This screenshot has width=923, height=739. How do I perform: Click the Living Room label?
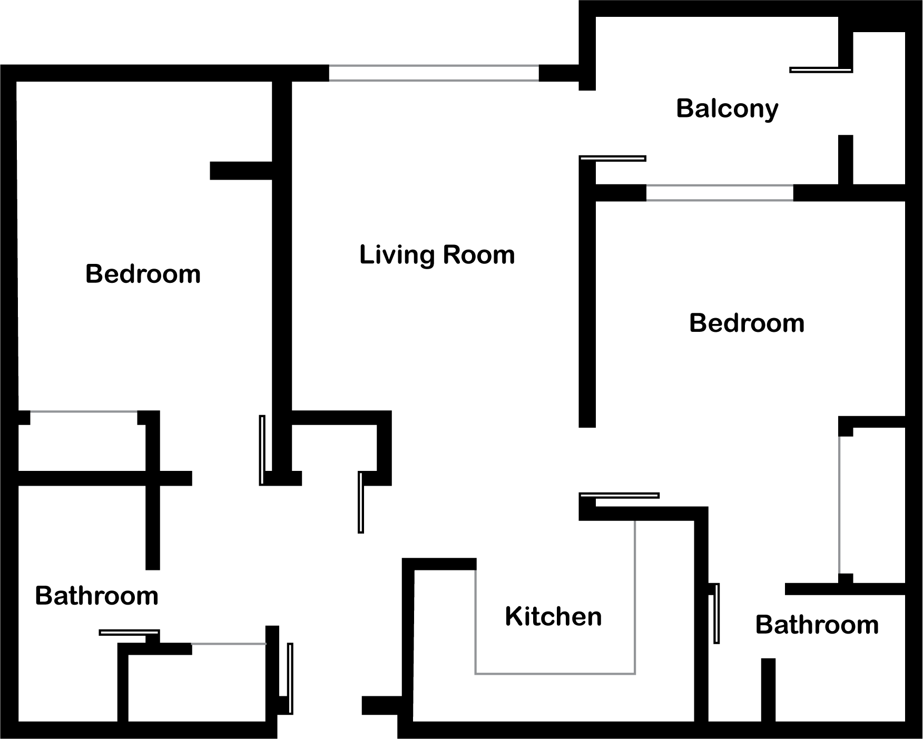pos(437,255)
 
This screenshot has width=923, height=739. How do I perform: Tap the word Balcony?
pos(727,109)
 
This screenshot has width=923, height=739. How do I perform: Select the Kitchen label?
pos(553,616)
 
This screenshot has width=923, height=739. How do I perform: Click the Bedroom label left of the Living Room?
pos(143,274)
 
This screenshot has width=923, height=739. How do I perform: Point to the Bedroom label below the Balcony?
pos(747,323)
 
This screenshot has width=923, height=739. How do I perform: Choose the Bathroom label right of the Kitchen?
pos(817,625)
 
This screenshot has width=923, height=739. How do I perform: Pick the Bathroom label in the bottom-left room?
pos(97,596)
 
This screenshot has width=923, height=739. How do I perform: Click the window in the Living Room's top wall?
pos(434,73)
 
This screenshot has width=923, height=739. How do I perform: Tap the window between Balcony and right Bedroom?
pos(720,193)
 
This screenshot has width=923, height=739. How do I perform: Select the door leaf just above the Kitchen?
pos(619,496)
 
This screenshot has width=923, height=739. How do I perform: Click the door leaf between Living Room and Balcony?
pos(613,159)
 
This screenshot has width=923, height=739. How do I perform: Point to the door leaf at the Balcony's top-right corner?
pos(821,70)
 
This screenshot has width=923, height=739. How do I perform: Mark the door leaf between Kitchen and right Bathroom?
pos(716,613)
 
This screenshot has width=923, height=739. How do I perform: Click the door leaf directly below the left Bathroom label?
pos(129,632)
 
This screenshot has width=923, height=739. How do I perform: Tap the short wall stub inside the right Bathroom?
pos(769,690)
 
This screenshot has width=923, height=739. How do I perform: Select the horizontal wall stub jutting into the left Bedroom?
pos(241,171)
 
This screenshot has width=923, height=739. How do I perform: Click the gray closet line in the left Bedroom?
pos(84,411)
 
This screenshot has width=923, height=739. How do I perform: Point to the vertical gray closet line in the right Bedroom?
pos(839,505)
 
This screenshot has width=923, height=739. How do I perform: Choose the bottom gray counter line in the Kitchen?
pos(555,674)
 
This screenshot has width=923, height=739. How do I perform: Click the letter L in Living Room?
pos(366,254)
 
